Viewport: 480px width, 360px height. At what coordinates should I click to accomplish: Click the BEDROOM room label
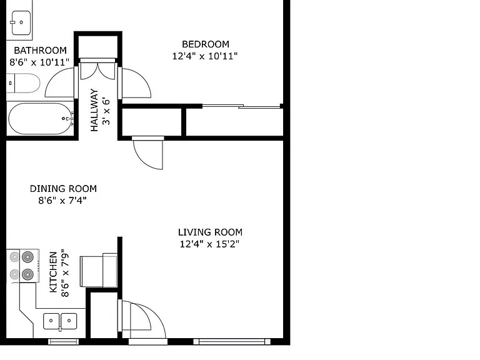[206, 44]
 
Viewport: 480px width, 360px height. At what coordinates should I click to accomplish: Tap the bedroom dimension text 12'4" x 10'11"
[205, 56]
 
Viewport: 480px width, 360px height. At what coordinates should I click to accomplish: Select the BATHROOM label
[40, 50]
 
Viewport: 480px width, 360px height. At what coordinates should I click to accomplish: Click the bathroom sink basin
[21, 22]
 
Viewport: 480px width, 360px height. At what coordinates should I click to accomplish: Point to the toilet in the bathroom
[23, 83]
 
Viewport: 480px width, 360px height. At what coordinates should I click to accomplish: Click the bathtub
[40, 119]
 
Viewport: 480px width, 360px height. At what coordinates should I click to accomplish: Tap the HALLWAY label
[94, 110]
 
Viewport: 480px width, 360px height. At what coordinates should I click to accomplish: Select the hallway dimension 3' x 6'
[106, 111]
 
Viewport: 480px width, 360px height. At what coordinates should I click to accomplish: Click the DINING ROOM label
[63, 189]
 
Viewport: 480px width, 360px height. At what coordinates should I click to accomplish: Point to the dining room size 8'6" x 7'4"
[62, 201]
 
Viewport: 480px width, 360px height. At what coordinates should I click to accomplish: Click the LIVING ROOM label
[210, 232]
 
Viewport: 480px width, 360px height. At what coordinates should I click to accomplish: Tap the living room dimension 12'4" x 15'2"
[209, 244]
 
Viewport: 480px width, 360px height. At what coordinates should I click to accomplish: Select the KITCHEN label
[53, 272]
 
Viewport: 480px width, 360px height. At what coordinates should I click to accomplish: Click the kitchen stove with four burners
[22, 266]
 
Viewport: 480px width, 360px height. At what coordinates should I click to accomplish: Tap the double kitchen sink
[60, 321]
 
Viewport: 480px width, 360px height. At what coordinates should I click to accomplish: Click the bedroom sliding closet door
[241, 106]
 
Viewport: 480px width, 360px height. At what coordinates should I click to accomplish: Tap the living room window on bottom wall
[232, 342]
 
